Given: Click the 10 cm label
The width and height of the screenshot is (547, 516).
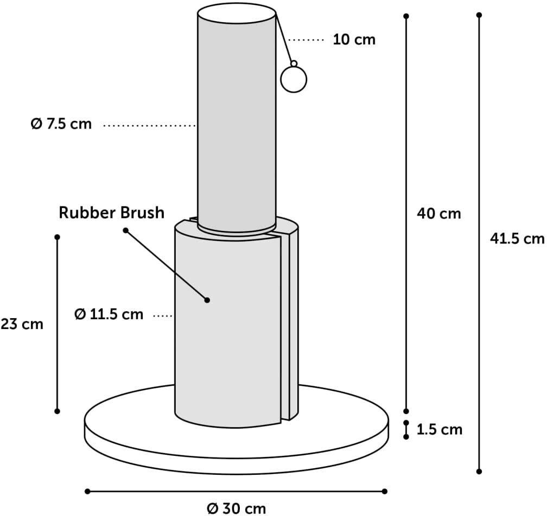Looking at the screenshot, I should tap(354, 40).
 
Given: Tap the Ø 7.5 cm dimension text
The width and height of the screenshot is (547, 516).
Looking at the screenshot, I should tap(61, 124).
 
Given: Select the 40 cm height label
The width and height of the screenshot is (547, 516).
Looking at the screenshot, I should tap(438, 214).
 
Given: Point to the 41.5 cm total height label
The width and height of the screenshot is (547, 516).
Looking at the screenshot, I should tap(517, 238).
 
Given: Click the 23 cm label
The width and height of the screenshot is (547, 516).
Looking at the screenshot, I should tap(22, 324).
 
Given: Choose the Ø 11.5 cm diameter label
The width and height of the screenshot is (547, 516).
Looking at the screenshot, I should tap(109, 314).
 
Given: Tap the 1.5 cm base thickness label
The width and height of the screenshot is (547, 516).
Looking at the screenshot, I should tap(440, 430).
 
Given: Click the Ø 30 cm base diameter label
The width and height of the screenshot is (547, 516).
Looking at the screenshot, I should tap(237, 508).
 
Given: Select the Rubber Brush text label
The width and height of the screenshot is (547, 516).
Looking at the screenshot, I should tap(111, 212).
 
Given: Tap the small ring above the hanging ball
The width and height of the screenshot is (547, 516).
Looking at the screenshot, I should tap(294, 63).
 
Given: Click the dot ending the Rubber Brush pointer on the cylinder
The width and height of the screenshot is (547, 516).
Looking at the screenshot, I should tap(207, 300).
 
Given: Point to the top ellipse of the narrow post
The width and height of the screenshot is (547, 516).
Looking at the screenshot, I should tap(237, 12).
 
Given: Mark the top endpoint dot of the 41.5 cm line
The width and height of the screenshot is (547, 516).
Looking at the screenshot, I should tap(479, 15).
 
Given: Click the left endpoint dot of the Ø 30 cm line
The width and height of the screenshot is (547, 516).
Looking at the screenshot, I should tap(87, 491).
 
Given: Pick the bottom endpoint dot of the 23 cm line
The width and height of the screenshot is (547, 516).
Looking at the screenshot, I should tap(58, 411).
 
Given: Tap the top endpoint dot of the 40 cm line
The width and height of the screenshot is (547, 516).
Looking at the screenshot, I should tap(406, 17).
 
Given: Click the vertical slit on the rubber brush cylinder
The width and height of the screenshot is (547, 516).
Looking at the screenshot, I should tap(282, 325).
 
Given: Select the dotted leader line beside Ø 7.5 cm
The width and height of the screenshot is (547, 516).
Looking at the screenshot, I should tap(149, 126).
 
